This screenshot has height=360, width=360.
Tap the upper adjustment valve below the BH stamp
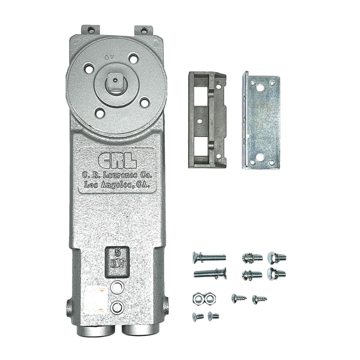117,286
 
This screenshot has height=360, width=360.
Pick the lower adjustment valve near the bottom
117,307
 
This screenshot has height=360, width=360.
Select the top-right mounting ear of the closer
144,31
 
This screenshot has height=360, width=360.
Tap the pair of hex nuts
201,298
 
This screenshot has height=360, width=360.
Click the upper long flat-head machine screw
209,257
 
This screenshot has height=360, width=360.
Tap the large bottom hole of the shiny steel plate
259,158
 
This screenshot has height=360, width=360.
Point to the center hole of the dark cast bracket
198,121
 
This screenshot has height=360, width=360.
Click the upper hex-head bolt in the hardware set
277,258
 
